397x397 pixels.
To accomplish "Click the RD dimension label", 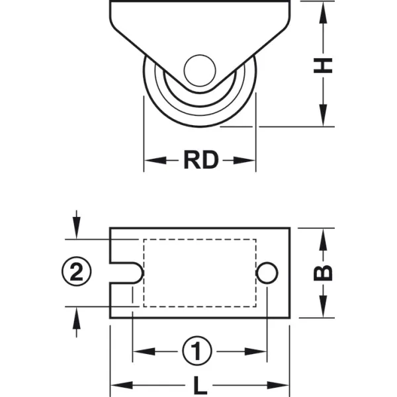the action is (200, 159).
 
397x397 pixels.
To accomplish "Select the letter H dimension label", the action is (323, 66).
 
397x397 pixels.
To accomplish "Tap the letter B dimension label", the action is (323, 273).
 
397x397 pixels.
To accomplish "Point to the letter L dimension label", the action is (200, 386).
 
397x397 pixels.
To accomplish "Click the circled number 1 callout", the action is (197, 351).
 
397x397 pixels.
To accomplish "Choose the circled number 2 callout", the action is (77, 271).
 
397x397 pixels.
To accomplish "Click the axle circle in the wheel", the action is (200, 70).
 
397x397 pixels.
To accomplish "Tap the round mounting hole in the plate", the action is (267, 273).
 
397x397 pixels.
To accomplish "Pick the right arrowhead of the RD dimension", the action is (244, 160).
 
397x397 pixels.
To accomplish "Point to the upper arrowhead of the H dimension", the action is (323, 13).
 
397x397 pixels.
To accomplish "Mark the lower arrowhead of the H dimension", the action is (323, 115).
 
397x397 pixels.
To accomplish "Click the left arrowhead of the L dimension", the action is (122, 385).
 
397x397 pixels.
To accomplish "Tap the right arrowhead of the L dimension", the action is (278, 385).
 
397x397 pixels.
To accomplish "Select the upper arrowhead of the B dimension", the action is (323, 240).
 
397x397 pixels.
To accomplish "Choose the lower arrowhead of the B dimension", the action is (323, 306).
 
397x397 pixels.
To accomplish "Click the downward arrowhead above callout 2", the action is (77, 228).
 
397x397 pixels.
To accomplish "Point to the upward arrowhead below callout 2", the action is (77, 318).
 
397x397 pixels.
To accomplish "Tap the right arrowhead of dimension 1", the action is (255, 351).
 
